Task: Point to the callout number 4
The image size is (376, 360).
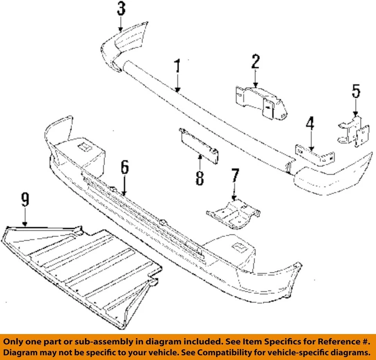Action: (310, 124)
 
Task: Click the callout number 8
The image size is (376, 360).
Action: (200, 177)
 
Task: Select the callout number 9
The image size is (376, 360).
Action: (25, 201)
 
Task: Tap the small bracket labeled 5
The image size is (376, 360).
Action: (354, 131)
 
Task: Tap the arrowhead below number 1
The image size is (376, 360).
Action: (178, 90)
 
